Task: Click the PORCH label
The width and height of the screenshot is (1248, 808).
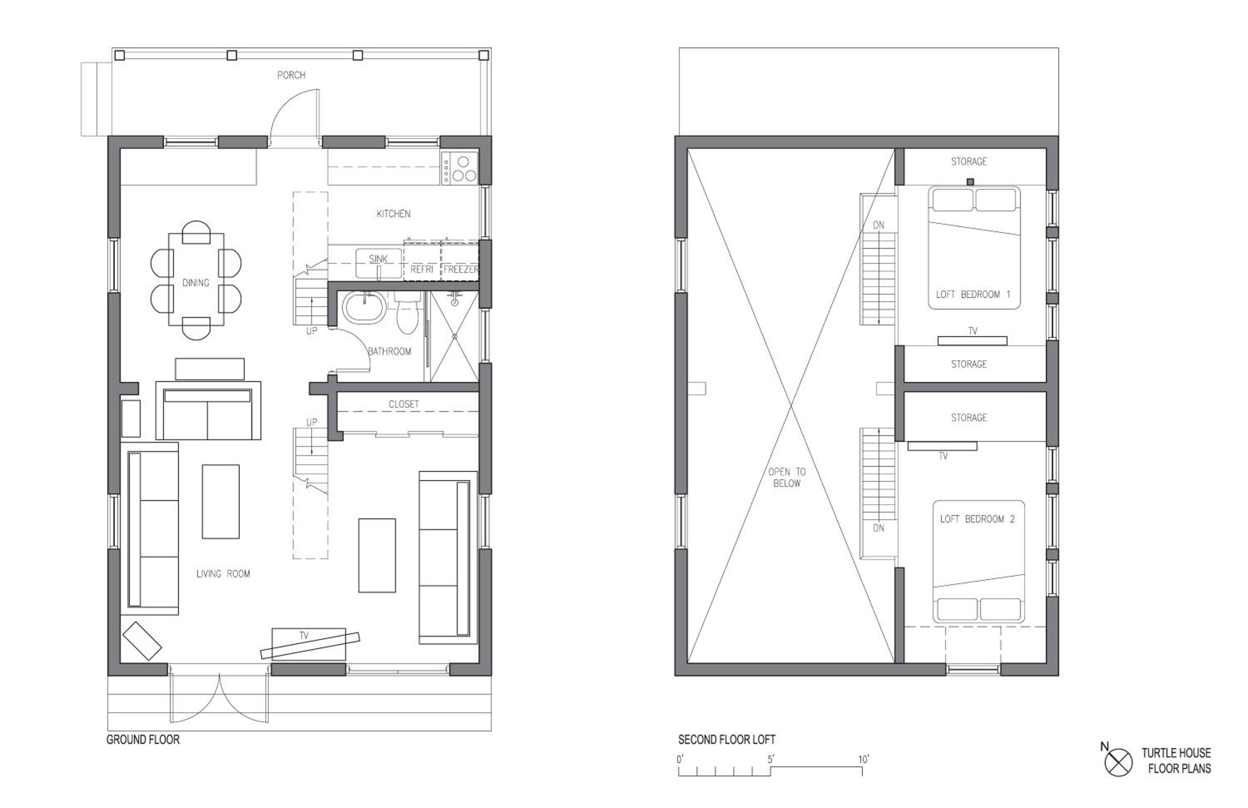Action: click(x=291, y=75)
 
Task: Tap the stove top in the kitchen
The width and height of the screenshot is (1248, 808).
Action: click(x=460, y=168)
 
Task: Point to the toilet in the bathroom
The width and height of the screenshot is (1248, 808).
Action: click(x=406, y=312)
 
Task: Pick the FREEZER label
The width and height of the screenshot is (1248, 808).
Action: click(x=461, y=270)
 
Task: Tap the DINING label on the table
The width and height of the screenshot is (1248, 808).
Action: click(x=196, y=283)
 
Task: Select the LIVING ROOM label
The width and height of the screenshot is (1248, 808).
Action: click(x=223, y=574)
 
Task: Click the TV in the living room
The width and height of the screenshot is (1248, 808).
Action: click(x=310, y=644)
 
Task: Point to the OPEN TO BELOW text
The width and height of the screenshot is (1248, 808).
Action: click(x=787, y=477)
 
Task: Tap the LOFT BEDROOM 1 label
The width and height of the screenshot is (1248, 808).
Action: click(x=973, y=294)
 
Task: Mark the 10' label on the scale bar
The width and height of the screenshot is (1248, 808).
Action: click(x=864, y=759)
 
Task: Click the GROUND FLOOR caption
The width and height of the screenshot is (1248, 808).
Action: click(x=143, y=739)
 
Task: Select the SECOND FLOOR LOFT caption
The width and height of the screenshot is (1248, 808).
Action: click(x=727, y=739)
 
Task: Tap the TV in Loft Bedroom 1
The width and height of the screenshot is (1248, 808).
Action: click(x=972, y=340)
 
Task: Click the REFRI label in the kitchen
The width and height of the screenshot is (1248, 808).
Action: click(x=421, y=270)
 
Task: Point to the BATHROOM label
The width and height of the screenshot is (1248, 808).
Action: click(x=390, y=351)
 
